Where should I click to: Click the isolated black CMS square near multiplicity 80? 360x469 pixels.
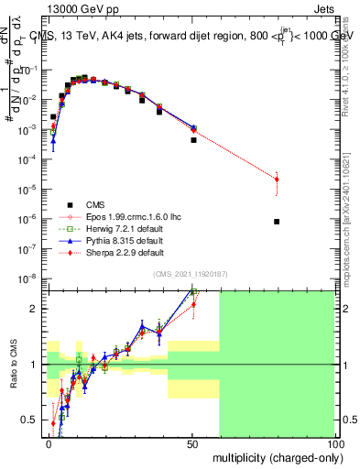pyautogui.click(x=277, y=222)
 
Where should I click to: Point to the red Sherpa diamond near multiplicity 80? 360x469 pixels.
pyautogui.click(x=277, y=180)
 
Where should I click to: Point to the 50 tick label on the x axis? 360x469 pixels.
pyautogui.click(x=191, y=442)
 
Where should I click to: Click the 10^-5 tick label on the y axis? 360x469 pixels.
pyautogui.click(x=29, y=189)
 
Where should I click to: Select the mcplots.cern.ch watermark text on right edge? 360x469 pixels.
pyautogui.click(x=354, y=229)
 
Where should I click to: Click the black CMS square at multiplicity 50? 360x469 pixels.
pyautogui.click(x=193, y=140)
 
